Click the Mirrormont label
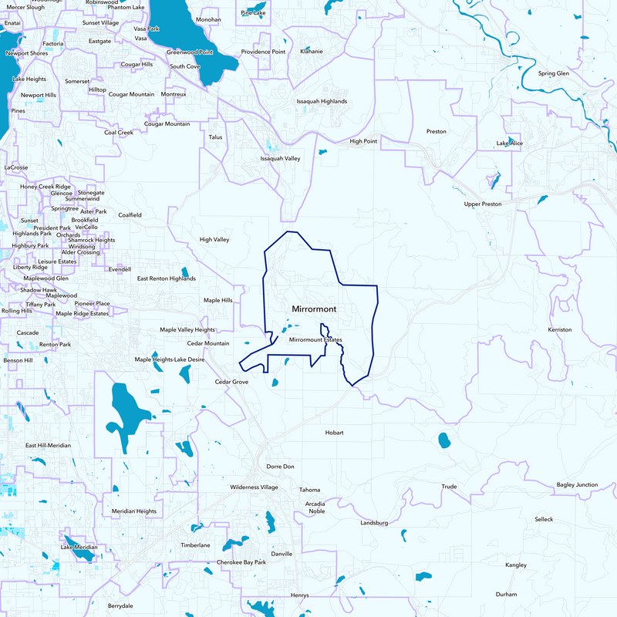pos(314,308)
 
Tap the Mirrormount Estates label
pos(315,339)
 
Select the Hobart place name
pos(334,433)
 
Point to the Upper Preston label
pos(483,204)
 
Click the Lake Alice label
pos(509,143)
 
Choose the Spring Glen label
pos(553,73)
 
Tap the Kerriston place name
pos(560,329)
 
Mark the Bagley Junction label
pos(577,484)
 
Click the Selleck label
pos(544,519)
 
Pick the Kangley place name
pos(515,565)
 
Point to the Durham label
pos(507,594)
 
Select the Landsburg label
pos(373,523)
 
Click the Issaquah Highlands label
pos(322,101)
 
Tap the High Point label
pos(363,141)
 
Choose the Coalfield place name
pos(130,214)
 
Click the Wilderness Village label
pos(254,487)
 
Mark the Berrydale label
pos(120,605)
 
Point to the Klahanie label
pos(312,52)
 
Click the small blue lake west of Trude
pos(445,440)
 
